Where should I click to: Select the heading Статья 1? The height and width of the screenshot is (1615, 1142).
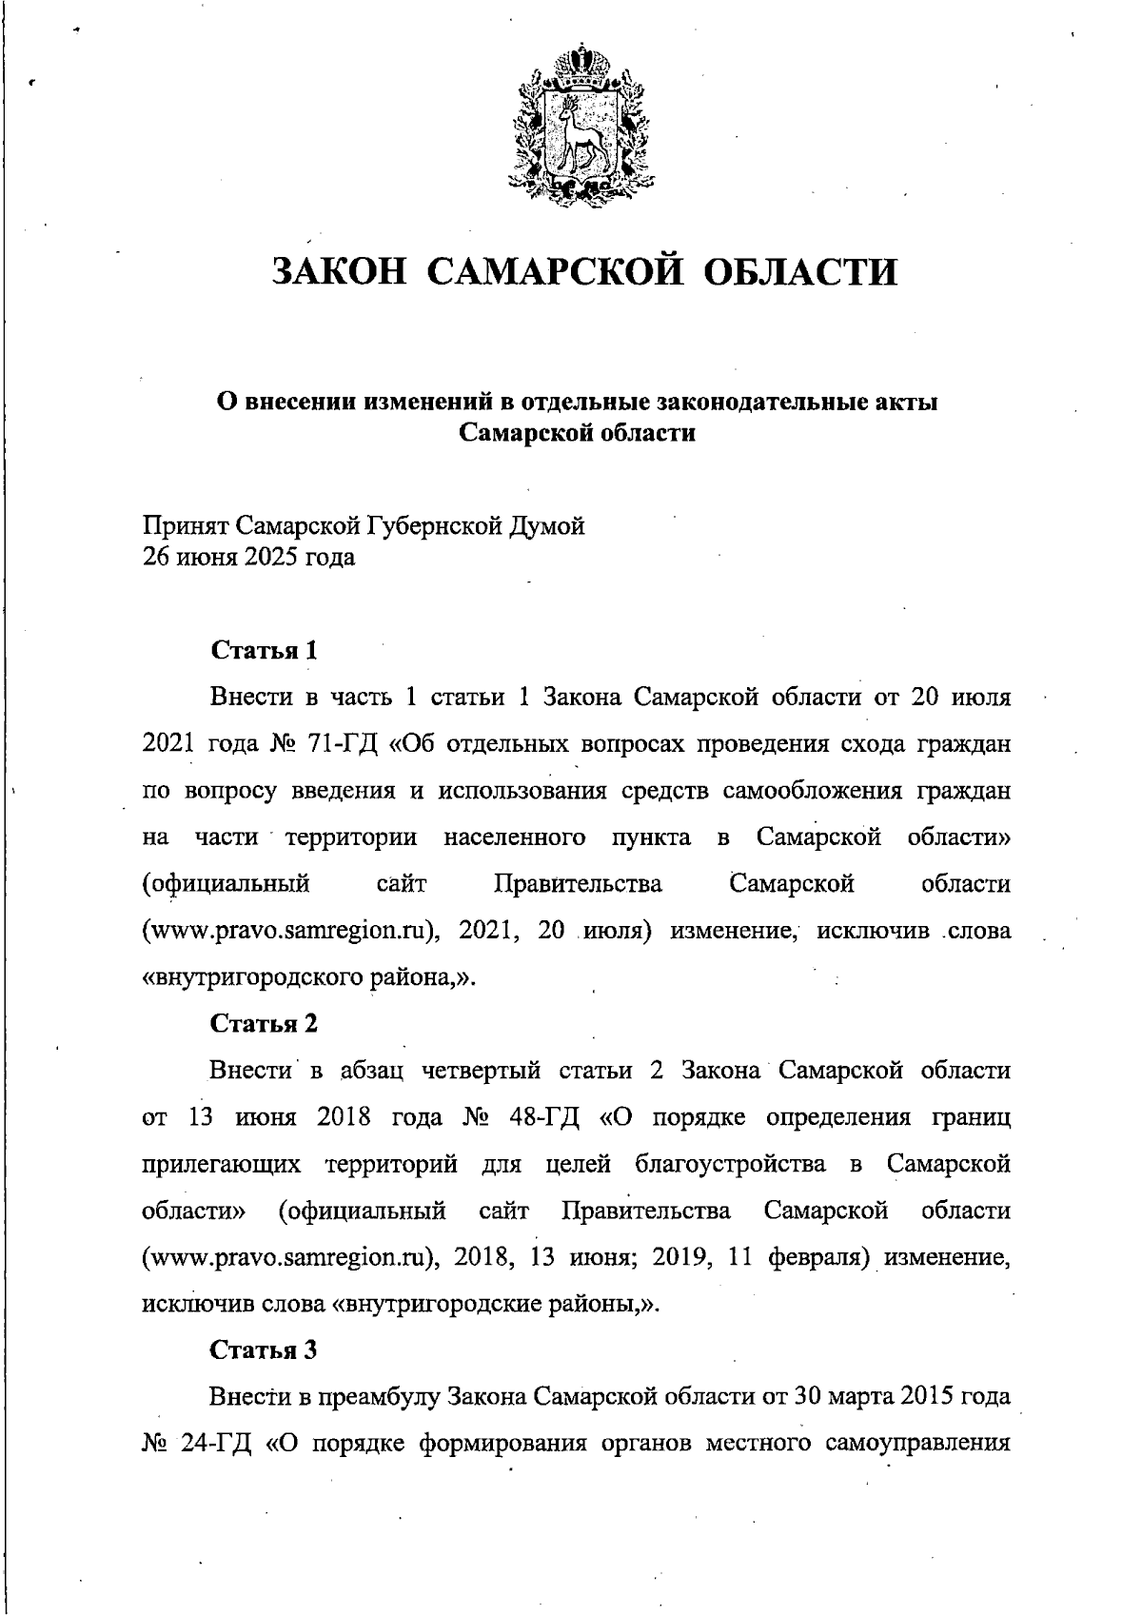point(264,651)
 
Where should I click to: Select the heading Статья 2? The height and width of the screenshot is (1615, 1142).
point(264,1024)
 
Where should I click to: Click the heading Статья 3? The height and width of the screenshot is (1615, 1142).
point(264,1350)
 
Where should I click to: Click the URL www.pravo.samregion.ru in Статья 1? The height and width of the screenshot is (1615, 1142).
point(285,932)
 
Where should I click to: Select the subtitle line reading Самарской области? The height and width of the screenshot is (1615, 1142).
point(577,434)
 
